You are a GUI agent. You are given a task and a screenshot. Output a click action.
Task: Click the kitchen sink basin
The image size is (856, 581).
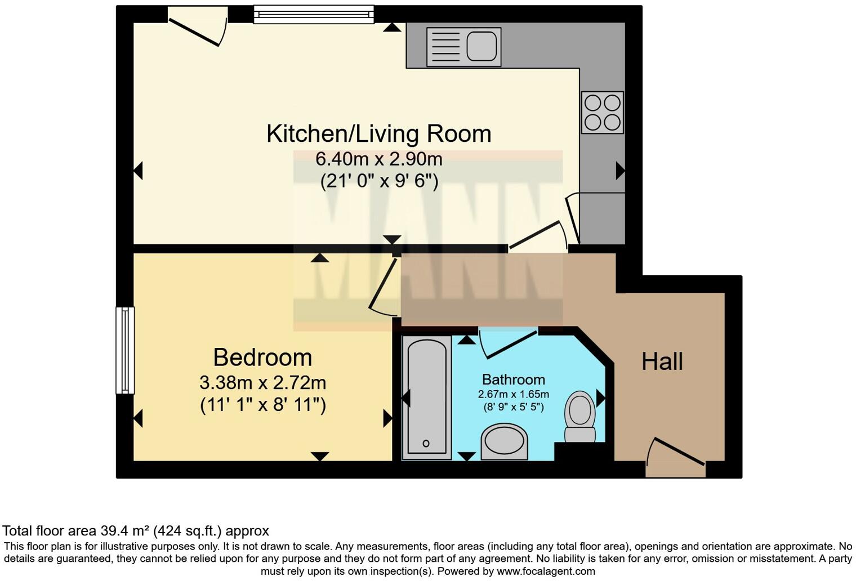click(481, 45)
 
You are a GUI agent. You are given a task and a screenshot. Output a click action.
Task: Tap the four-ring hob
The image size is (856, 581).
click(602, 112)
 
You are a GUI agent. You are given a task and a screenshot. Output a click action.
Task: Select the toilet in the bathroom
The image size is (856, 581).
click(580, 417)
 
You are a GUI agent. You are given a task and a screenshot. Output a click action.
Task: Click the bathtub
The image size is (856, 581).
click(427, 397)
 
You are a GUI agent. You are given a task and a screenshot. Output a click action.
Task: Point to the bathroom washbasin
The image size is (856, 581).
click(504, 441)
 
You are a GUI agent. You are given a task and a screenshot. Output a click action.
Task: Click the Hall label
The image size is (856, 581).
click(662, 361)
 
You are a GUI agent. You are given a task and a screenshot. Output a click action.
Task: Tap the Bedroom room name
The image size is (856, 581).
click(262, 357)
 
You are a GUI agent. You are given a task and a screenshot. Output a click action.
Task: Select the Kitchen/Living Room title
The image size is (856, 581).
click(378, 134)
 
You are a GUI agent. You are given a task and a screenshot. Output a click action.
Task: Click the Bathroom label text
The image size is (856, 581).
click(513, 379)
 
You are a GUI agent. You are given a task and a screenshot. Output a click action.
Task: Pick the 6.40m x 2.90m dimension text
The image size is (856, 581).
click(378, 159)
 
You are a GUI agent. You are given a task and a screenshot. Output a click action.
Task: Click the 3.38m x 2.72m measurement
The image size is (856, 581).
click(262, 383)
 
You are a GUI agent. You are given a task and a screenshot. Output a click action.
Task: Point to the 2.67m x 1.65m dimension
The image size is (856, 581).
click(513, 394)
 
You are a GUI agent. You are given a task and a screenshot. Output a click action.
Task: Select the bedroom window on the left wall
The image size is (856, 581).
click(125, 350)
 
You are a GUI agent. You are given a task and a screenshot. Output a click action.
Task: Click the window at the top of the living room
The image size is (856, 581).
click(314, 14)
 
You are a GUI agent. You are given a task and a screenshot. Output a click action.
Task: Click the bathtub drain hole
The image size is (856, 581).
click(426, 444)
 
